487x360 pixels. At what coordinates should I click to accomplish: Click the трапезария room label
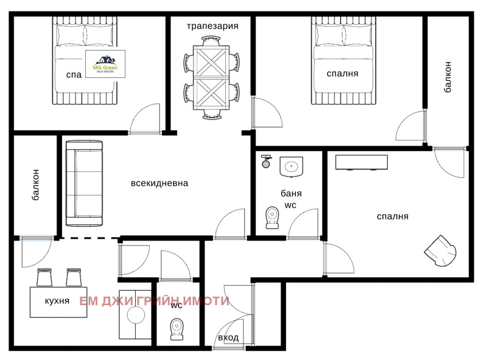(212, 26)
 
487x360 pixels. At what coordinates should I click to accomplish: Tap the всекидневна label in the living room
(159, 183)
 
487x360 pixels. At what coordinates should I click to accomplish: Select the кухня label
(57, 301)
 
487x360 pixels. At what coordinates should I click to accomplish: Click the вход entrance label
(229, 338)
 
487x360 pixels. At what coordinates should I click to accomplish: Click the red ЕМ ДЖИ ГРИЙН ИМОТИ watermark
(155, 301)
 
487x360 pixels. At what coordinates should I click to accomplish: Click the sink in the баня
(292, 166)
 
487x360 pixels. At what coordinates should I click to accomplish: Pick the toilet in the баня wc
(272, 217)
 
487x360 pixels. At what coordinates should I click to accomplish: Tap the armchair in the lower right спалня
(440, 250)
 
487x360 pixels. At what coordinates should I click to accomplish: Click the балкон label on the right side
(448, 76)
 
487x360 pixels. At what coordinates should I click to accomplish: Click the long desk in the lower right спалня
(361, 161)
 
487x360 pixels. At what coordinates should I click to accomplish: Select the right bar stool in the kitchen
(74, 277)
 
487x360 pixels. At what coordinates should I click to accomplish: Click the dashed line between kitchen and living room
(89, 238)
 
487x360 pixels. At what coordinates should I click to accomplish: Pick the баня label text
(291, 194)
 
